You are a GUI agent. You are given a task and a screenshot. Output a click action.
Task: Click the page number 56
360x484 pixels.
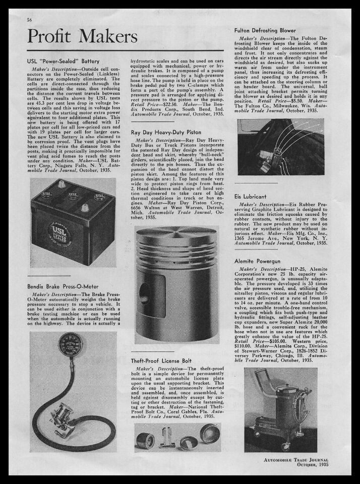[29, 20]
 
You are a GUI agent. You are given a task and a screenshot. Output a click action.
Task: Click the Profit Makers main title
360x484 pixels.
[82, 37]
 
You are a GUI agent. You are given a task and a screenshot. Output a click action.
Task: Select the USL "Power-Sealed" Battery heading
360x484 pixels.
[63, 61]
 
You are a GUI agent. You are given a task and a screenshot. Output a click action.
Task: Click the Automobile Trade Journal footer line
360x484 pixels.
[295, 459]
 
